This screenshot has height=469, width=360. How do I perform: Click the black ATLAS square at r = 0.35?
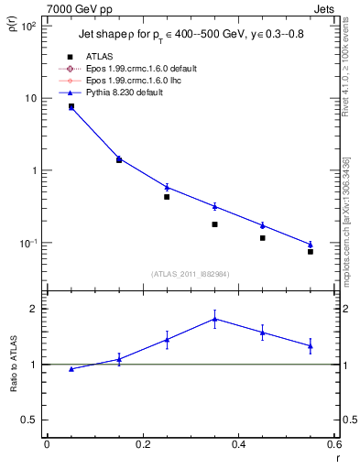[x=214, y=224]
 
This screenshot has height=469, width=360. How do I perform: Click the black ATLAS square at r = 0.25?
[x=167, y=197]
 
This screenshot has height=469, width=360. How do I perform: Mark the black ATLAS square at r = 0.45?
[x=263, y=238]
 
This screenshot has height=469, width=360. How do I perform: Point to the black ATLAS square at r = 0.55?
[x=311, y=251]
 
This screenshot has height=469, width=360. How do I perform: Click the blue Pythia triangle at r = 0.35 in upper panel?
[x=214, y=206]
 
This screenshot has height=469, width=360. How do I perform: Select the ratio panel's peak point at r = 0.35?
[x=214, y=319]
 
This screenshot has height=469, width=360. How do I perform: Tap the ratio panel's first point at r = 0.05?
[x=71, y=369]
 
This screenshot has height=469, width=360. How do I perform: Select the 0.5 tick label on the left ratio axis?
[x=29, y=420]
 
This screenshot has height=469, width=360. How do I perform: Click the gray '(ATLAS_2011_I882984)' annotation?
[x=190, y=273]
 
